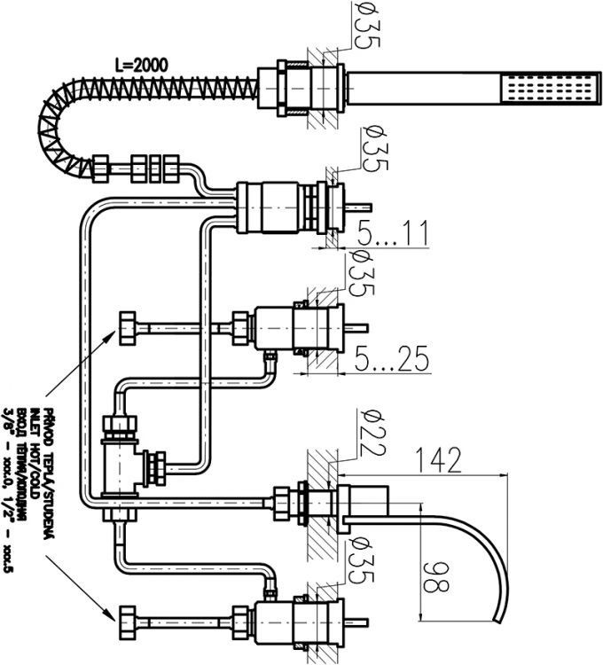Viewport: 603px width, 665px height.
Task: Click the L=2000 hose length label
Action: [141, 65]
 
